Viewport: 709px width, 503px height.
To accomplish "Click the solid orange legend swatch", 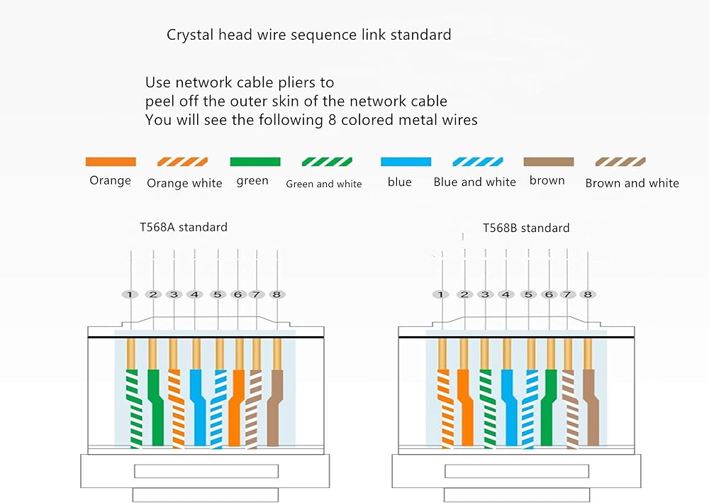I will click(110, 162).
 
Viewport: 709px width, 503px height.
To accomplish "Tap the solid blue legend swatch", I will click(406, 162).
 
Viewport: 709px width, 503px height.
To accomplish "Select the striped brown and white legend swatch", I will click(620, 162).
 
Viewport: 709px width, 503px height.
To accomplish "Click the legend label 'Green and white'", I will click(324, 184).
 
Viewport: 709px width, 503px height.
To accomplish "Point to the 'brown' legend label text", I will click(547, 181).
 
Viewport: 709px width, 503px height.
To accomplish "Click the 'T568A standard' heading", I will click(184, 228).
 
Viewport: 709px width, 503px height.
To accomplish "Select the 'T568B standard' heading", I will click(526, 228).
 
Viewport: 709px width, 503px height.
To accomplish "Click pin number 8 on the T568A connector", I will click(277, 294).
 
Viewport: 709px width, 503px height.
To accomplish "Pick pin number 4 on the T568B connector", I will click(506, 294).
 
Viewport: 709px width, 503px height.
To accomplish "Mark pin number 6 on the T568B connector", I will click(548, 294).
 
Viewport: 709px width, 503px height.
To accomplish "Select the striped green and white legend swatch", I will click(327, 162).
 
